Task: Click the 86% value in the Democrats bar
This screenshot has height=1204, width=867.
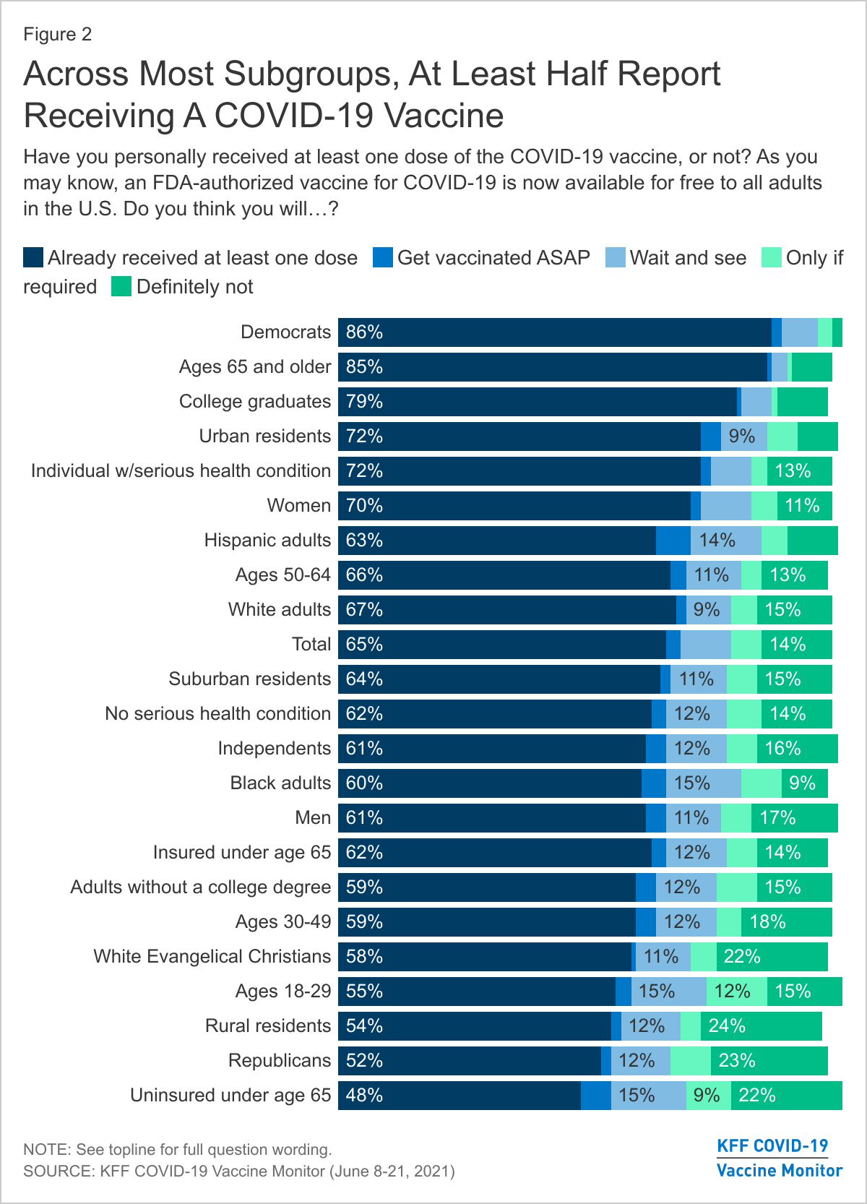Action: (x=364, y=332)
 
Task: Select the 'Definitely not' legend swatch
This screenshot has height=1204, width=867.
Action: (x=121, y=287)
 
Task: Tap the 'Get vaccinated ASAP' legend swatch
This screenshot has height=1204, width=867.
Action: (x=383, y=258)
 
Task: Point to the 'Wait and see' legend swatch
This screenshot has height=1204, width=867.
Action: (x=616, y=258)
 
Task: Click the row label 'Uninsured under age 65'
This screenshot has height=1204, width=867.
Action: (x=230, y=1096)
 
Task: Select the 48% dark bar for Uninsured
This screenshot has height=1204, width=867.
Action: (x=460, y=1096)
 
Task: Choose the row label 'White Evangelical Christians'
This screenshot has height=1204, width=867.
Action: (x=212, y=957)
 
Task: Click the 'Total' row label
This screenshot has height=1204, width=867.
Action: (x=311, y=645)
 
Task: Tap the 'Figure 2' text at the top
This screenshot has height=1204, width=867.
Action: (x=58, y=35)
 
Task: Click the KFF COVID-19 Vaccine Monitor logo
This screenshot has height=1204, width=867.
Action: (x=779, y=1158)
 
